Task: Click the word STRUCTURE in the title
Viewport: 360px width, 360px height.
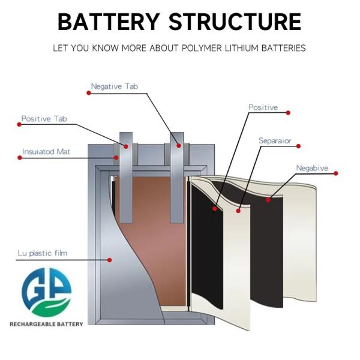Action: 235,22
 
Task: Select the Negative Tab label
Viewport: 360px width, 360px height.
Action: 114,86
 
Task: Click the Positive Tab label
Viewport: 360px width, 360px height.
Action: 44,119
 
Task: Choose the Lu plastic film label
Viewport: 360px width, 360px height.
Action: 42,253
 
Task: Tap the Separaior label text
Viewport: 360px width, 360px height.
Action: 275,140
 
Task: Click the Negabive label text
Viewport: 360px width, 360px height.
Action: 312,168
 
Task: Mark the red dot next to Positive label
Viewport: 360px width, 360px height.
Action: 288,112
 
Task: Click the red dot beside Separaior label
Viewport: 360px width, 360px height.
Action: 299,145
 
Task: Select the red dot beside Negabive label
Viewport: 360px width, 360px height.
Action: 336,173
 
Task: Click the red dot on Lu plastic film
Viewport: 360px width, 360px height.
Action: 109,259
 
